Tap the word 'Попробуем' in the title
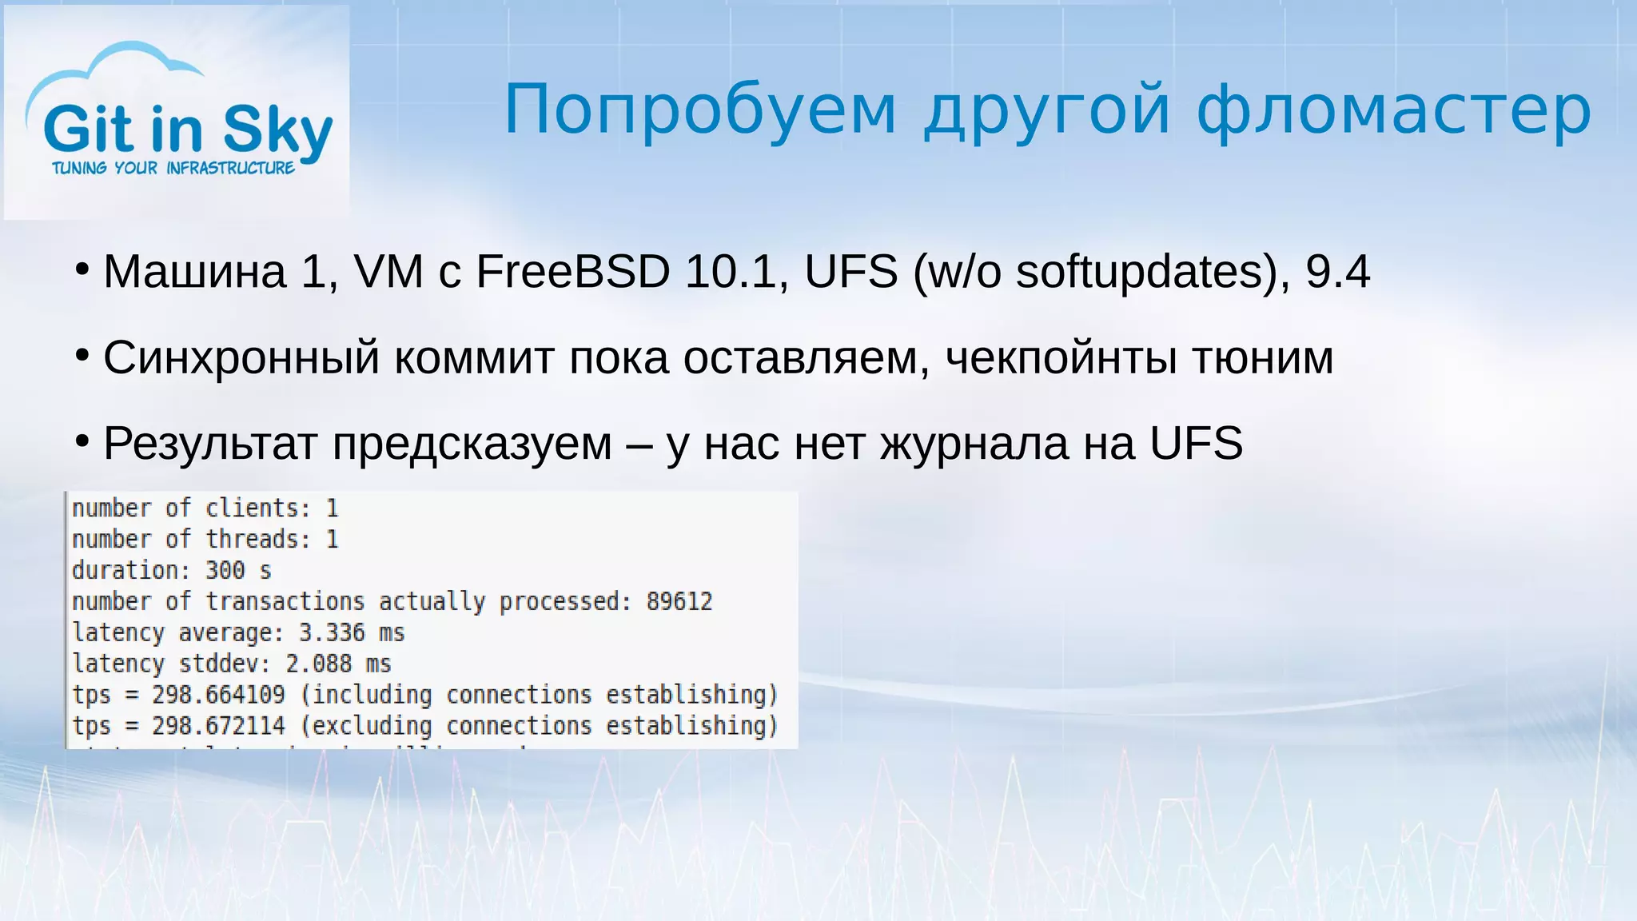(700, 110)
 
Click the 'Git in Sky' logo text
(188, 129)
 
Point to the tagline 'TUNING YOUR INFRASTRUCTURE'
(173, 168)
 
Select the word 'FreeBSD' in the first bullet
(572, 272)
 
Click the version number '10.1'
(731, 272)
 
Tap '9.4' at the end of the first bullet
(1337, 272)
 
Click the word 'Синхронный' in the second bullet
(241, 357)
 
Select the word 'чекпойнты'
(1061, 357)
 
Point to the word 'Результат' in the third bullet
(210, 444)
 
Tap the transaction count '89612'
(679, 601)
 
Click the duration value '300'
(225, 570)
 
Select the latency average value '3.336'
(331, 632)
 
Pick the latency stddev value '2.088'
(318, 664)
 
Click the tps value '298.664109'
(218, 695)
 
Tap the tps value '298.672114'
(218, 726)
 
